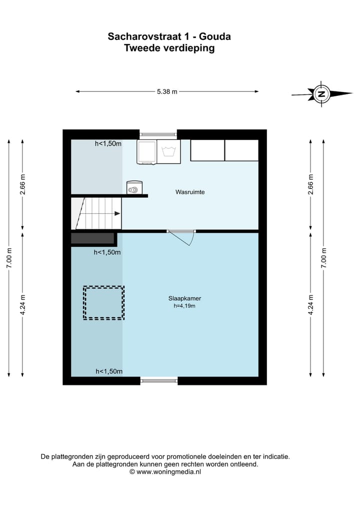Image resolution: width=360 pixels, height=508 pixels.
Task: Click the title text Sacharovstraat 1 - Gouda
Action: [169, 36]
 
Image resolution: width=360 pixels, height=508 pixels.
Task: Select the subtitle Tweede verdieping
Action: [169, 48]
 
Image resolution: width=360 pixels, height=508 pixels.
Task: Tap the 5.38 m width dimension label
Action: [167, 91]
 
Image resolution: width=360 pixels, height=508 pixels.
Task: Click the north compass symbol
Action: [321, 93]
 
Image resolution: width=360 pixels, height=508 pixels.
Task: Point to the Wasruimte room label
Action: [190, 192]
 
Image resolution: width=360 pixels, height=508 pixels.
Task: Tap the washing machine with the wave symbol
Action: [168, 151]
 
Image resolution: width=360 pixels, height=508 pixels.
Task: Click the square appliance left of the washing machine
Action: [147, 151]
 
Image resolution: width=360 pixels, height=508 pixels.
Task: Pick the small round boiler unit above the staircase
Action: [134, 187]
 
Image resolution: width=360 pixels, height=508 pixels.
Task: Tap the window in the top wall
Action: [158, 134]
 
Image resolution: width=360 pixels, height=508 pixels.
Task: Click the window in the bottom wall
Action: [159, 381]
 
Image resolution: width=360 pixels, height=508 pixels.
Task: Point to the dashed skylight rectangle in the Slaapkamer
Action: [103, 303]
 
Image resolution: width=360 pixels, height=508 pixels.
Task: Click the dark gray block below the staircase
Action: [93, 238]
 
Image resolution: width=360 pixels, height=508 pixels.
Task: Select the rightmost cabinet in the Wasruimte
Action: [241, 150]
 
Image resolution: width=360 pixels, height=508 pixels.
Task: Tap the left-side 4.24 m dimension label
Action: [22, 303]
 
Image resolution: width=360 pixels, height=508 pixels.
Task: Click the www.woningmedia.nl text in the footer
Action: [168, 471]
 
